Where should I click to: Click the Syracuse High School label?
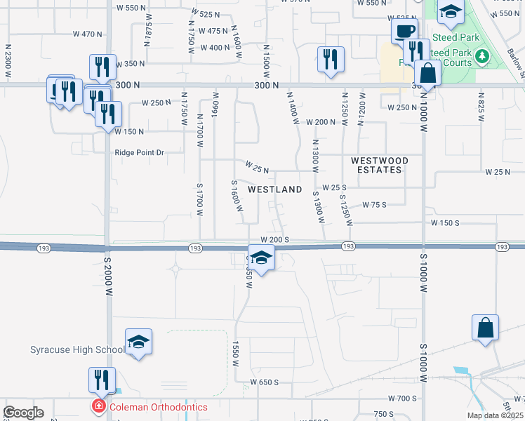coord(77,350)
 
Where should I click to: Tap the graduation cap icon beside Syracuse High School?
coord(138,342)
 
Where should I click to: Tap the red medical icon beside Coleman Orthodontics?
coord(100,406)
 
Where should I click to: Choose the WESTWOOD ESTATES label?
coord(379,165)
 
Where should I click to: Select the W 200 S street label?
coord(275,240)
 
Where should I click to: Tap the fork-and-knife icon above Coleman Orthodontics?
coord(102,380)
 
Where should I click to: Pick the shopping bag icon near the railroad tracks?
coord(485,328)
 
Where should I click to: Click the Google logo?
coord(23,413)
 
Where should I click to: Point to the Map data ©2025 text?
coord(496,415)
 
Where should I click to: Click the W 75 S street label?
coord(374,205)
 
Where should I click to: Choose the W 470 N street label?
coord(88,34)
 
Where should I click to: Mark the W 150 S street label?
coord(444,222)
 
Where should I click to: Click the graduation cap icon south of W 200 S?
coord(261,258)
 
